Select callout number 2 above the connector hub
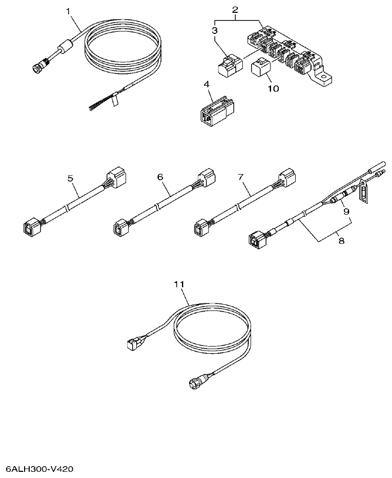tap(235, 10)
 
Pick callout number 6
tap(160, 177)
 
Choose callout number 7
tap(240, 177)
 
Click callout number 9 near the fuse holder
tap(346, 211)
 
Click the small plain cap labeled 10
tap(262, 68)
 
